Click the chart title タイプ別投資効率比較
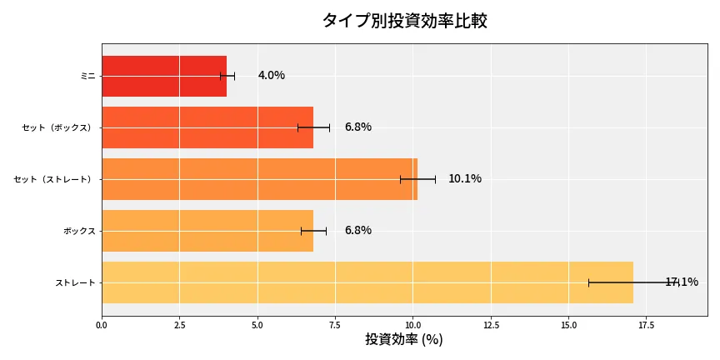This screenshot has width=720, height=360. click(x=404, y=21)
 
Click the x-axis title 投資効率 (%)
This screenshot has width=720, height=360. click(x=404, y=340)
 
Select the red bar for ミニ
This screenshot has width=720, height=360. click(x=164, y=76)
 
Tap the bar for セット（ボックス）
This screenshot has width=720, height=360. click(x=207, y=127)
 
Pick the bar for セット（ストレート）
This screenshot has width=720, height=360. click(x=259, y=179)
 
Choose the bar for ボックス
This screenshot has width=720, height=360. click(x=207, y=231)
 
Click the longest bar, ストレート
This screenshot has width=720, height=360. click(x=367, y=282)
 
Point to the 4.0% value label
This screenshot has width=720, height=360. click(x=272, y=76)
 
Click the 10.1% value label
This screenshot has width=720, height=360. click(x=465, y=179)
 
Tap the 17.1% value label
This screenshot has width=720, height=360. click(x=682, y=282)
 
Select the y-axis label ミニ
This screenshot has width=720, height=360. click(x=87, y=77)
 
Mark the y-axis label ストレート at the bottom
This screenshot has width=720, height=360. click(x=75, y=283)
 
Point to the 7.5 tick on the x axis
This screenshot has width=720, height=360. click(x=335, y=325)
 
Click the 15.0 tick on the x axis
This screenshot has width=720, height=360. click(x=568, y=325)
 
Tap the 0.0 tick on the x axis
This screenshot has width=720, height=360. click(x=102, y=325)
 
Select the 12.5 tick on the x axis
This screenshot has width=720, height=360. click(x=491, y=325)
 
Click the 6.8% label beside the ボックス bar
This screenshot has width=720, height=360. click(x=358, y=231)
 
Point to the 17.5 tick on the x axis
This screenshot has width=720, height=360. click(x=647, y=325)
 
